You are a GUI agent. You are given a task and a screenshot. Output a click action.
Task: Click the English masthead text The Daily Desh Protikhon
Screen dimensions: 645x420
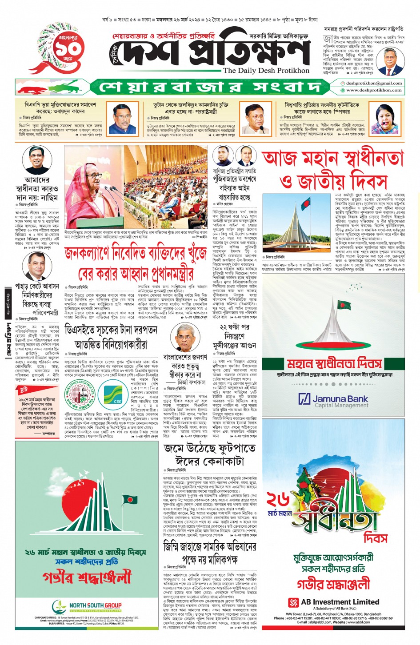tap(266, 70)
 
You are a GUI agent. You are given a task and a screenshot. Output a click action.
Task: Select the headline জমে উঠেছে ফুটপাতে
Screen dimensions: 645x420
tap(210, 448)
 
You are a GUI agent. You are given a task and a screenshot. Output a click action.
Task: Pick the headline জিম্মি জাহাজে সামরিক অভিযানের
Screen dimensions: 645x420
tap(210, 546)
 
